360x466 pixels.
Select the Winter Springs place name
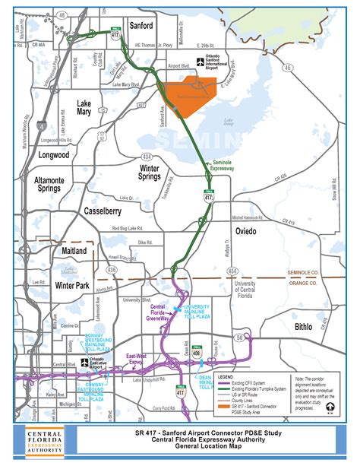159,174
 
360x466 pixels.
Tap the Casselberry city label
106,210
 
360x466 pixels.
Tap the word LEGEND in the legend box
226,376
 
